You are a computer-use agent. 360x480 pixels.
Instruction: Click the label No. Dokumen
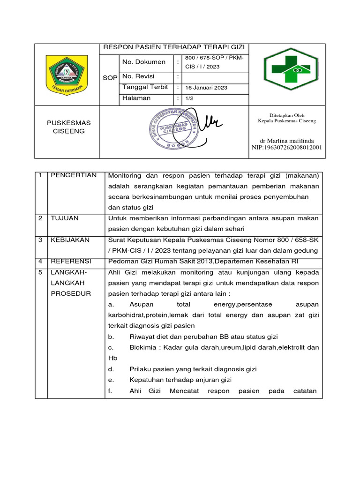tap(143, 62)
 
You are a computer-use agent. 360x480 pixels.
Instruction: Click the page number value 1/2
tap(189, 98)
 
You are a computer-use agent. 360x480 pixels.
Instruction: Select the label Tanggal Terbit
tap(145, 87)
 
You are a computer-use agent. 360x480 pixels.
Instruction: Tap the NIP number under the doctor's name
tap(287, 148)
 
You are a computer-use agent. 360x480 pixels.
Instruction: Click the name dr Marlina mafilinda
tap(287, 141)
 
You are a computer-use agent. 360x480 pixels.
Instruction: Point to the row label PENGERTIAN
tap(74, 175)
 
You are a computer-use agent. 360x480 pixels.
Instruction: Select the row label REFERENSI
tap(71, 261)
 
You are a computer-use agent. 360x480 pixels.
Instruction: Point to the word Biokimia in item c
tap(144, 347)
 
